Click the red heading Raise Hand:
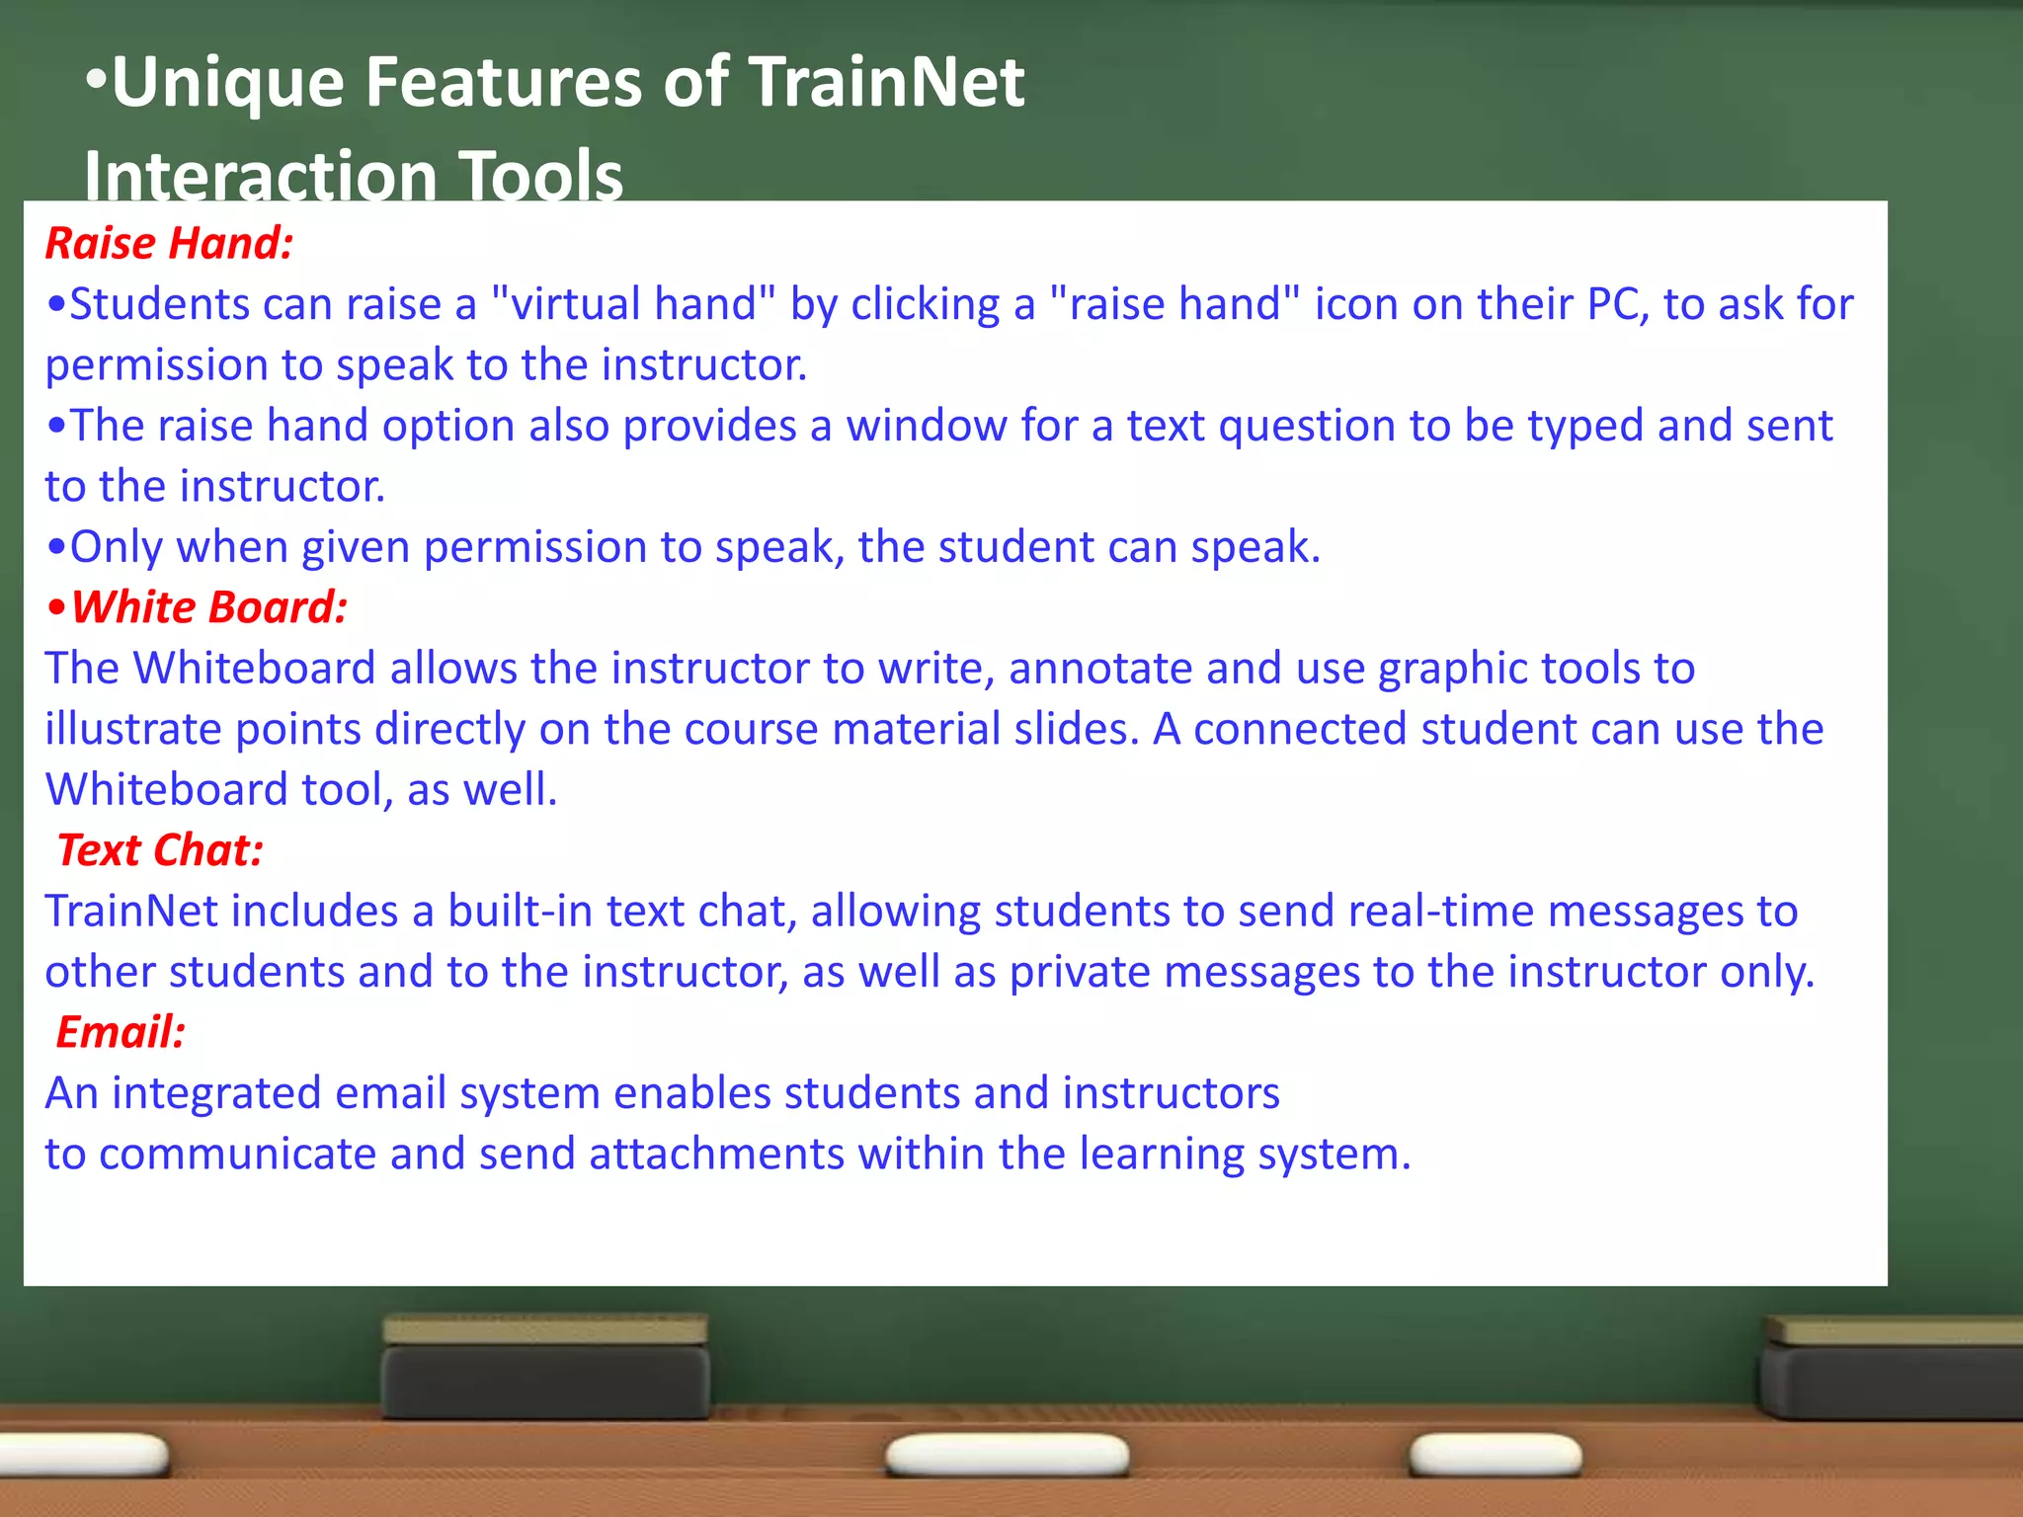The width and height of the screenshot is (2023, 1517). coord(169,244)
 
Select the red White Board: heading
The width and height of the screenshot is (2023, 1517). coord(208,607)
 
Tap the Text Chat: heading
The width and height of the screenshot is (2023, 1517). coord(160,850)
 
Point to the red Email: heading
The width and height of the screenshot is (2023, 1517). coord(121,1032)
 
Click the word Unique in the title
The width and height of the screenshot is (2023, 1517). coord(228,82)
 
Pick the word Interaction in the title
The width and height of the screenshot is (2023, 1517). coord(261,176)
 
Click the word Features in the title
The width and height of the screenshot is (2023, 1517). coord(504,82)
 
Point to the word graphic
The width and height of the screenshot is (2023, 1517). coord(1438,669)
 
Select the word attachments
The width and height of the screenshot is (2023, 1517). coord(717,1154)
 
